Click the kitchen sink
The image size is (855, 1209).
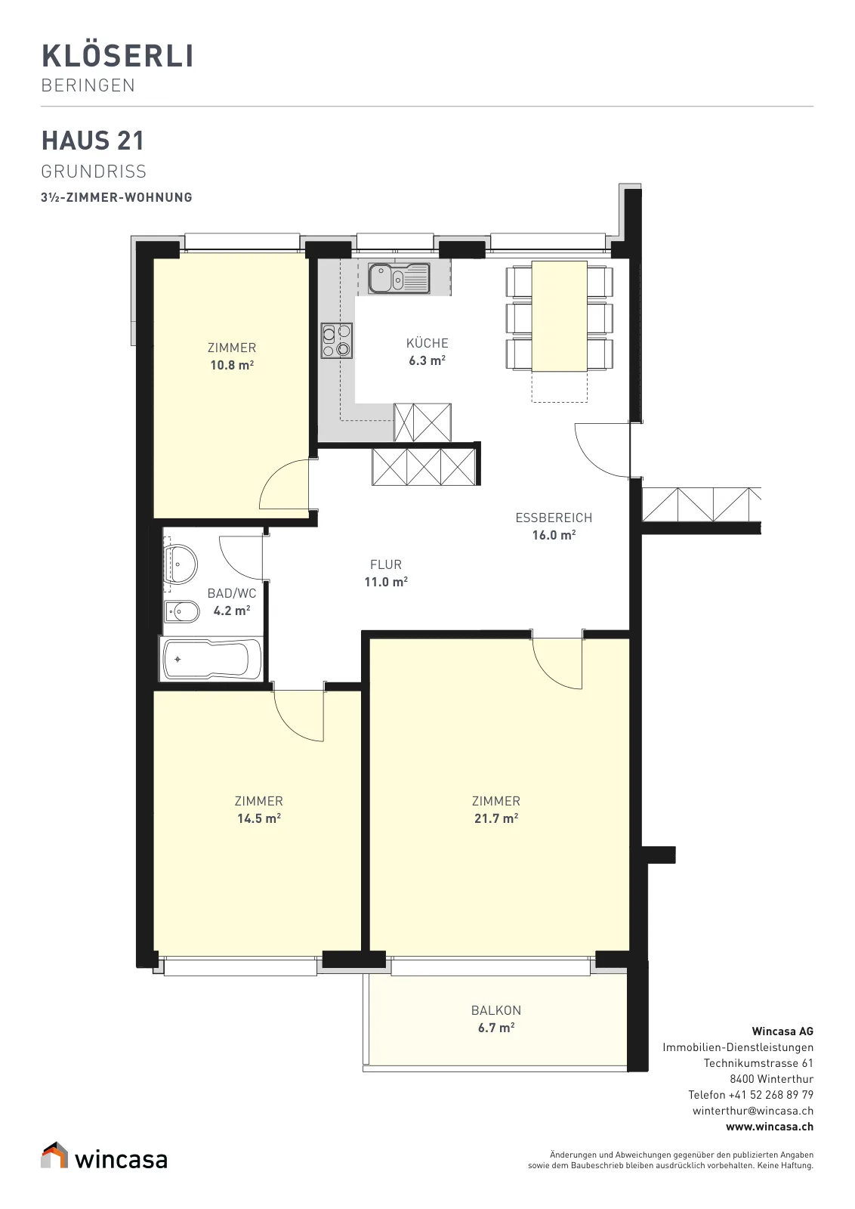pos(399,278)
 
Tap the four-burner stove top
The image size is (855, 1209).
pos(337,341)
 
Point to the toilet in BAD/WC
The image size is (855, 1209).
pos(181,611)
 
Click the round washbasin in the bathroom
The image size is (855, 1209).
pos(181,564)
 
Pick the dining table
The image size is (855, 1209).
pos(560,317)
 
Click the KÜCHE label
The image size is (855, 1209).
pos(427,343)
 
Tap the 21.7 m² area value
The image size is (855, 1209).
pos(496,818)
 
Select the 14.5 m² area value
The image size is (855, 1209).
pos(259,818)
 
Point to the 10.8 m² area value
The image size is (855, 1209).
pos(232,365)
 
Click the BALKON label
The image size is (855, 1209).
pos(496,1010)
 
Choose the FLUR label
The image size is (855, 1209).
pos(386,564)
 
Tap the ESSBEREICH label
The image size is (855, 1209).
pos(554,518)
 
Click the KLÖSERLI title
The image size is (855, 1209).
pos(118,56)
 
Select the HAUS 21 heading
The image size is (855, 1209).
pos(93,141)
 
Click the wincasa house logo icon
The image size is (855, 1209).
pos(54,1155)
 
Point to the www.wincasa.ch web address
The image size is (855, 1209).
pos(769,1127)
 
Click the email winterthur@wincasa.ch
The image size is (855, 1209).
pos(753,1111)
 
